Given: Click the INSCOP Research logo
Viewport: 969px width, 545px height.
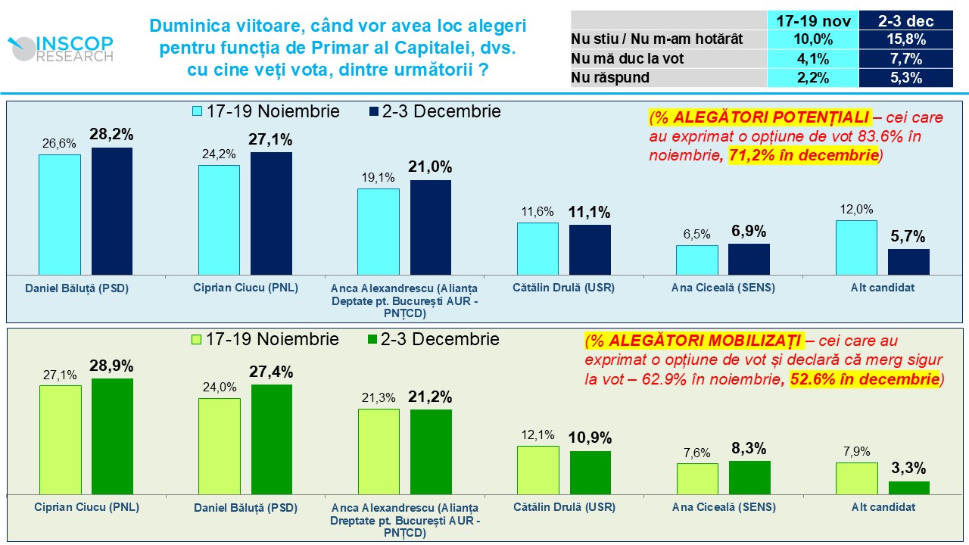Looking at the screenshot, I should tap(61, 48).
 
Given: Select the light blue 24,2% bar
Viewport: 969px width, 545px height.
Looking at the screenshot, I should tap(219, 220).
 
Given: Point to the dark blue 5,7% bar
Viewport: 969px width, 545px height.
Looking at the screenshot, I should tap(908, 261).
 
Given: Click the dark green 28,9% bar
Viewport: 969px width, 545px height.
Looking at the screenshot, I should tap(112, 436).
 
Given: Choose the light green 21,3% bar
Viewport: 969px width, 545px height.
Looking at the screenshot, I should tap(378, 451).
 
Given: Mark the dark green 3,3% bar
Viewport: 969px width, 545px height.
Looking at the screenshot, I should tap(908, 487).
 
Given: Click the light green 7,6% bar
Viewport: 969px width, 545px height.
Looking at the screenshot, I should tap(696, 478).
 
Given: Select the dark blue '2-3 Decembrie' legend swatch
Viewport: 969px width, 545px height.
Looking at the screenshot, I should tap(372, 111).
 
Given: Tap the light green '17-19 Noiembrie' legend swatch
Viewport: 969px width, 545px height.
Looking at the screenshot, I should tap(197, 340).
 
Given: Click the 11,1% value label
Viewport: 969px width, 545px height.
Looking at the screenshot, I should tap(590, 213).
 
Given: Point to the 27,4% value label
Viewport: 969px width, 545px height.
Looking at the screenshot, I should tap(271, 372).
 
